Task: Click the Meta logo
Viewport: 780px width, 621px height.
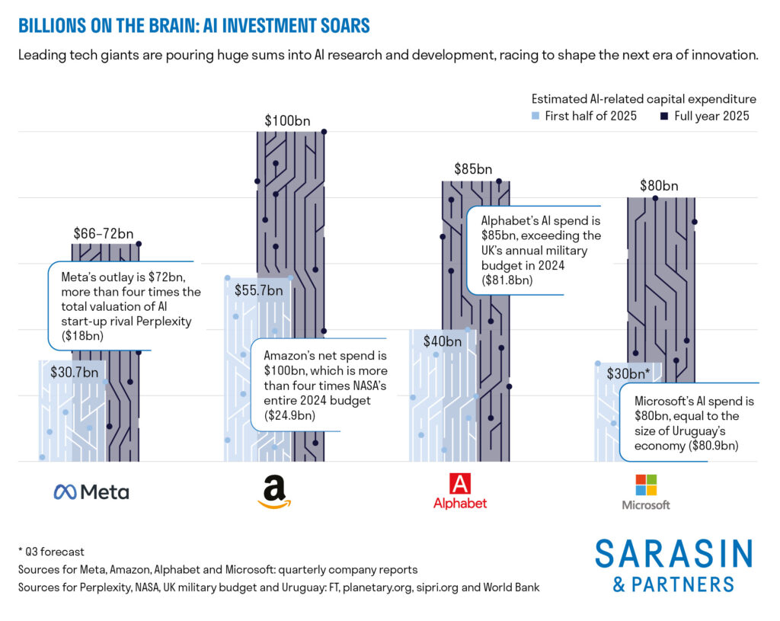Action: click(91, 491)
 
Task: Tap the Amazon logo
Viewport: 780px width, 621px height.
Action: click(274, 491)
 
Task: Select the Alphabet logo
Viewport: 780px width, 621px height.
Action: click(459, 491)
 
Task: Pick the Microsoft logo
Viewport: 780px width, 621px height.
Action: click(645, 491)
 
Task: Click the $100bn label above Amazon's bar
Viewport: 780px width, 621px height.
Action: click(287, 120)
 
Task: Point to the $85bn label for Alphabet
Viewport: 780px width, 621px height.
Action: click(473, 169)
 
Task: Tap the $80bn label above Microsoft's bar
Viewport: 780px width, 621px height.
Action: click(658, 185)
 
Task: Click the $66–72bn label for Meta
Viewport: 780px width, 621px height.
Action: click(104, 233)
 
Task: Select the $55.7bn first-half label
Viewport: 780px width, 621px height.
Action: click(257, 290)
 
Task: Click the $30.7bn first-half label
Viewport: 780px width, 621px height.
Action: click(74, 373)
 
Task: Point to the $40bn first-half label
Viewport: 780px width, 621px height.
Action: click(442, 341)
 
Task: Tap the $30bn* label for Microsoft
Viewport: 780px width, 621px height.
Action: click(628, 373)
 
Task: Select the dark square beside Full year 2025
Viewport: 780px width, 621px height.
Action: click(663, 116)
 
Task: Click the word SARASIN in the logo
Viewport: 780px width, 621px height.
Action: click(673, 554)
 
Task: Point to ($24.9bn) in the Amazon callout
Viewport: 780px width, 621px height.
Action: click(289, 415)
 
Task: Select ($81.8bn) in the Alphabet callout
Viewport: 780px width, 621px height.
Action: click(507, 280)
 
